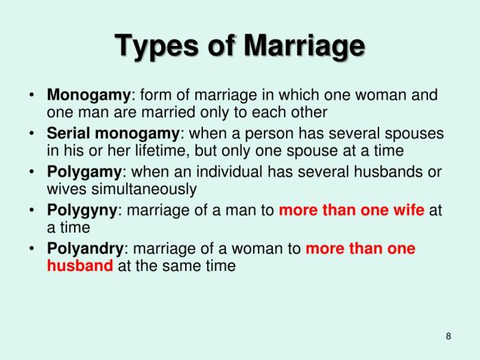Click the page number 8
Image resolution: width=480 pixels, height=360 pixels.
click(x=448, y=335)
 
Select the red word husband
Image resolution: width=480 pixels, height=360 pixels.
click(x=80, y=265)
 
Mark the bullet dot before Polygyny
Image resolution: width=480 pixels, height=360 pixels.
click(x=32, y=210)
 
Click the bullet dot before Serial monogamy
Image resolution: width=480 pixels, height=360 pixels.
click(x=32, y=133)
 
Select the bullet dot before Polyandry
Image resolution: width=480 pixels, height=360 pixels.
click(x=32, y=248)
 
